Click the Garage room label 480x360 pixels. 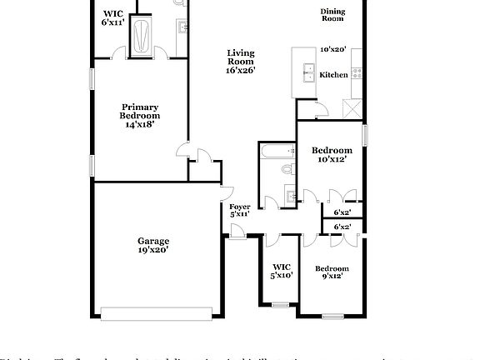tap(153, 241)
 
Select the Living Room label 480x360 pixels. tap(241, 57)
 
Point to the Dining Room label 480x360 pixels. tap(332, 14)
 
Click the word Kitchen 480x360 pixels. tap(334, 75)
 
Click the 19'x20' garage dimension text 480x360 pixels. tap(153, 249)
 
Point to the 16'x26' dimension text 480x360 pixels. tap(241, 71)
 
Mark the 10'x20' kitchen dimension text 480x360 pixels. tap(333, 49)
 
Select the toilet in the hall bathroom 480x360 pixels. tap(286, 169)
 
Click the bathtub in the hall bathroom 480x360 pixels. tap(275, 151)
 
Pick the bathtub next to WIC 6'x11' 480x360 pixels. tap(144, 37)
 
